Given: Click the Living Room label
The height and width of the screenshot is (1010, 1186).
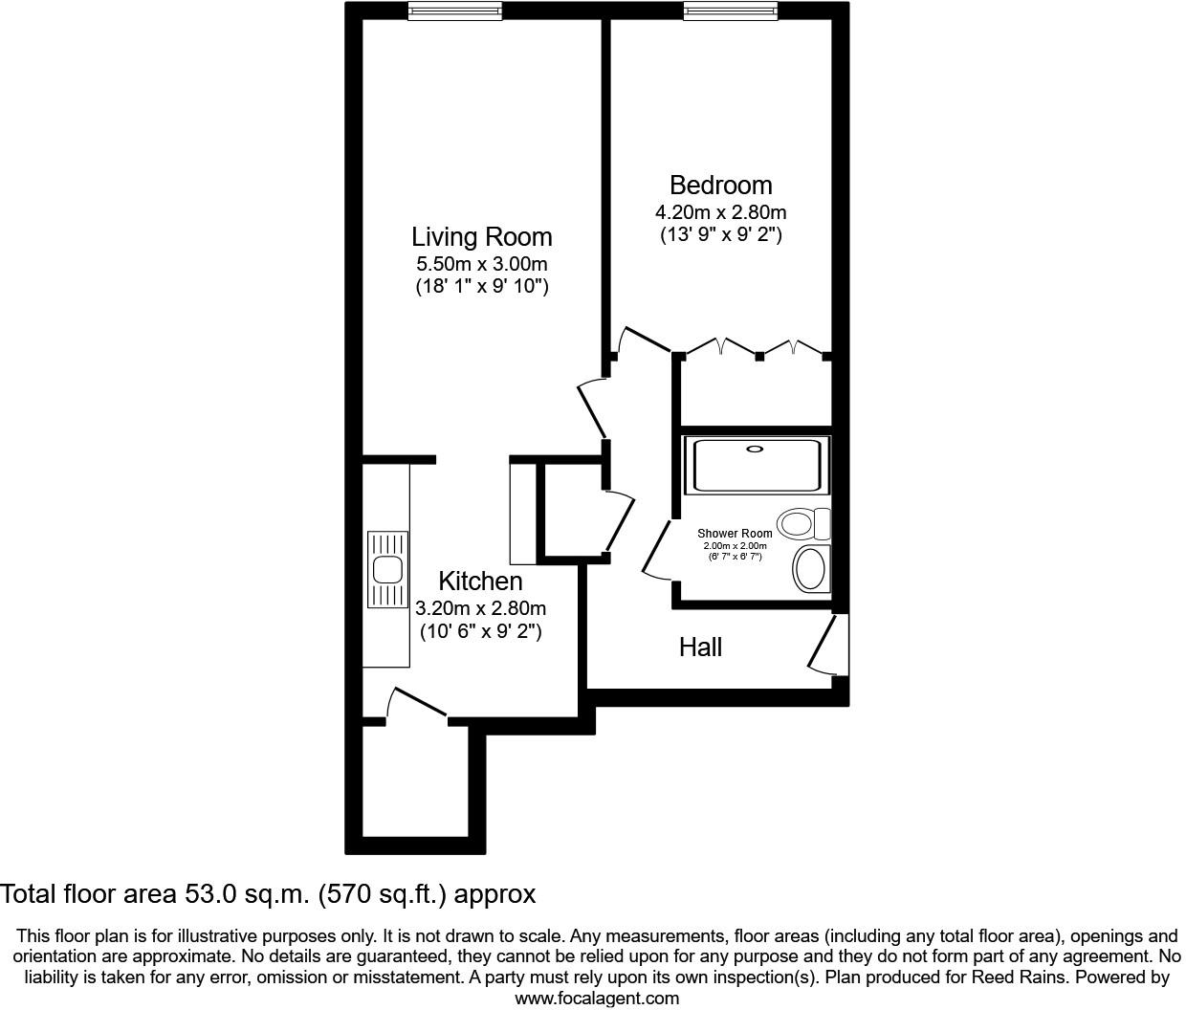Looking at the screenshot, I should pos(482,236).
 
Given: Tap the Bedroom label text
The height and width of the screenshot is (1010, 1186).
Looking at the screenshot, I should pos(720,185).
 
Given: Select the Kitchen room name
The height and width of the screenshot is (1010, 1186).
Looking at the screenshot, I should pos(480,581).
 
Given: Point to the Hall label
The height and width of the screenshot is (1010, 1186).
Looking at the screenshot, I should pos(700,648).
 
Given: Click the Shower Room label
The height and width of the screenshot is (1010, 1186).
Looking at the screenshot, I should pos(735,534).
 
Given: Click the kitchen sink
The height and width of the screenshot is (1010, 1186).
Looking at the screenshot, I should pos(387,570).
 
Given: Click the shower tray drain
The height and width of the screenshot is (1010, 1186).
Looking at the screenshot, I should pos(756,449).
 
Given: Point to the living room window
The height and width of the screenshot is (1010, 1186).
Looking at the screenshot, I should pos(454,11).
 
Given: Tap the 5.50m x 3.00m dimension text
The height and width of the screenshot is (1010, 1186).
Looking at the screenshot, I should pos(481,264).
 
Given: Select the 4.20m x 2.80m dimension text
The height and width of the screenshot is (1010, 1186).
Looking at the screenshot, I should pos(720,212).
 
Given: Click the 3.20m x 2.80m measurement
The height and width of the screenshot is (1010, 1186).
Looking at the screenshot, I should pos(480,607).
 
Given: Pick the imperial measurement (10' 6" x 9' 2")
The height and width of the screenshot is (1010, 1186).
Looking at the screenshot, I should pos(480,631).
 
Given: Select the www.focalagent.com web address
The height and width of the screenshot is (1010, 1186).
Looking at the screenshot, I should pos(597,999).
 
